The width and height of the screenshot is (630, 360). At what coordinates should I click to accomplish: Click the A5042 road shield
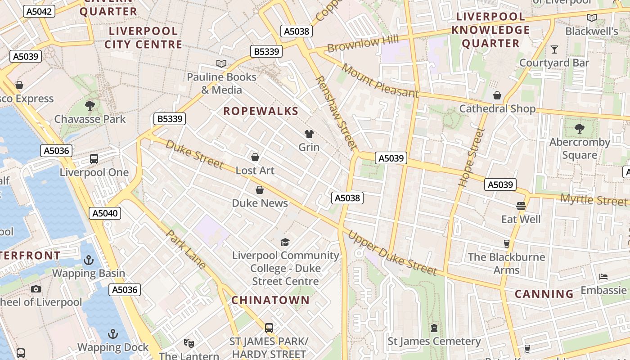39,11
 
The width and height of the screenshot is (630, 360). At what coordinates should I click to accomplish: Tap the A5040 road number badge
105,213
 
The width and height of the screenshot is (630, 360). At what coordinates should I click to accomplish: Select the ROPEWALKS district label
261,111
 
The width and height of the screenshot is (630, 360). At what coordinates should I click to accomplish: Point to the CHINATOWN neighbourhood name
270,300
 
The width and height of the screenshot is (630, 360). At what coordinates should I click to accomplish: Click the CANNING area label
544,294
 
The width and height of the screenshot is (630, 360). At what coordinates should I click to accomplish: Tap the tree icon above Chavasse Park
90,106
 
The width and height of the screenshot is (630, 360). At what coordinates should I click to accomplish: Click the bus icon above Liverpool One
94,158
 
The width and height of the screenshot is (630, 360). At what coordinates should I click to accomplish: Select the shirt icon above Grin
309,134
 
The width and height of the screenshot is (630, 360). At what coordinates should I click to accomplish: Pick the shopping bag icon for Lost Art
255,157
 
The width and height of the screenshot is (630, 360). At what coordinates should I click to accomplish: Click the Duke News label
260,203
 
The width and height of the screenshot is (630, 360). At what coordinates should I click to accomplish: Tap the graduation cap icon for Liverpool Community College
285,243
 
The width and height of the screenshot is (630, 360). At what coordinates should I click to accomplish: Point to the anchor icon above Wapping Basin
89,260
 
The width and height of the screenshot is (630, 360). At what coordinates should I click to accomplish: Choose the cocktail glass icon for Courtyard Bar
554,49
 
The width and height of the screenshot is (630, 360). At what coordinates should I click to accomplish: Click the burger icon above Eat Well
521,206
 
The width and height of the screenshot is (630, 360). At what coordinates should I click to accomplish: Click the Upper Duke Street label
392,253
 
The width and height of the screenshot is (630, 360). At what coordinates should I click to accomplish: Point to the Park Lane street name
186,249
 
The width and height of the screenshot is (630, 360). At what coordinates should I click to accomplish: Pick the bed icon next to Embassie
603,276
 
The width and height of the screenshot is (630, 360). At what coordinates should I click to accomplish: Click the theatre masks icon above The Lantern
189,343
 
